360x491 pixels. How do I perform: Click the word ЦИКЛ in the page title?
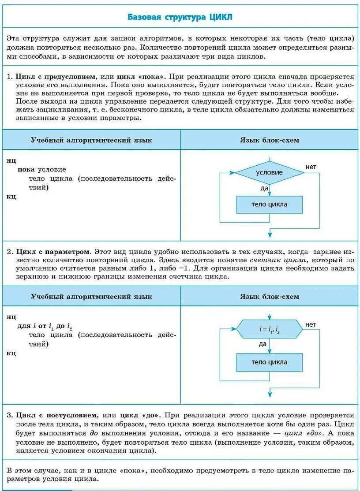point(220,17)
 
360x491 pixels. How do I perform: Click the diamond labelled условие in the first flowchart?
point(269,172)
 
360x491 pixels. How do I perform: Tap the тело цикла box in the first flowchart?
point(269,205)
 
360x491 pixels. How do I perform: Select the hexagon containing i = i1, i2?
point(269,329)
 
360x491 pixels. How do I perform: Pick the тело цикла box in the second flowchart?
point(269,362)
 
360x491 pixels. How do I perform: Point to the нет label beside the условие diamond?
point(311,167)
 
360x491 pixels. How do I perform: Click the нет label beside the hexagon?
point(311,325)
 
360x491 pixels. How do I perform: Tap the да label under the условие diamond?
point(264,189)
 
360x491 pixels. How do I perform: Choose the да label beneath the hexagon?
point(262,344)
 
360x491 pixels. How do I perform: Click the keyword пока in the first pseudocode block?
point(26,169)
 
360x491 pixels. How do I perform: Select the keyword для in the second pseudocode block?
point(24,326)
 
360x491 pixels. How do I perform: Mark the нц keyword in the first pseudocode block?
point(11,160)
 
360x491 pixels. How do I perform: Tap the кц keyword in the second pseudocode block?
point(11,353)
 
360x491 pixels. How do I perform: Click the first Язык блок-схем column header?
point(269,140)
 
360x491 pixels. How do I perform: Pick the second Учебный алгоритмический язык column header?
point(91,297)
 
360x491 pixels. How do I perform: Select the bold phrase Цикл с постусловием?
point(56,415)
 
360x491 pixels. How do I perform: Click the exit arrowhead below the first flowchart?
point(270,235)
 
